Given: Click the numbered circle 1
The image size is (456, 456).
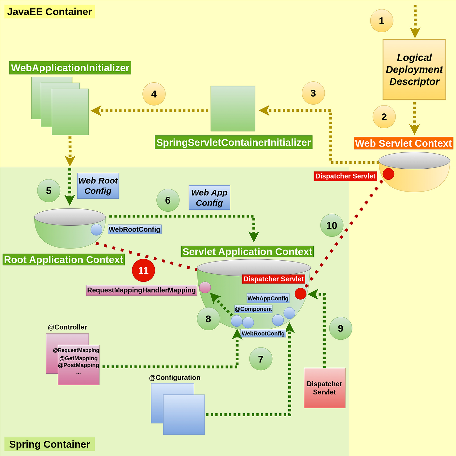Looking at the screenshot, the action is [381, 21].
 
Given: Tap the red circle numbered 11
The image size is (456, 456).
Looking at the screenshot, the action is [143, 270].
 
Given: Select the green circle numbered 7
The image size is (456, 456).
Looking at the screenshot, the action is [261, 359].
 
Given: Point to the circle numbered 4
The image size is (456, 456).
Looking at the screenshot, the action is [154, 94].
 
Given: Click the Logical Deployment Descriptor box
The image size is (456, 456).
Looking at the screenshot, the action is [414, 69].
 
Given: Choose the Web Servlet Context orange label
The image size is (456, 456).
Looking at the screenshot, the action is [403, 143].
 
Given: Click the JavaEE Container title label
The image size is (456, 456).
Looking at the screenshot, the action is [50, 12].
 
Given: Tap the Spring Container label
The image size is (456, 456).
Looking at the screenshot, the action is [50, 444].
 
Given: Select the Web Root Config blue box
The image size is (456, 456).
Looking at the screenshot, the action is [98, 186].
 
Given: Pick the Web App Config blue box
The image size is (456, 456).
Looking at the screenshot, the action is [209, 197].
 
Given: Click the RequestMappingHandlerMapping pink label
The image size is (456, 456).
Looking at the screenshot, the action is [141, 290].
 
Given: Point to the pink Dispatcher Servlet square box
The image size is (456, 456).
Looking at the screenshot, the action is [324, 388].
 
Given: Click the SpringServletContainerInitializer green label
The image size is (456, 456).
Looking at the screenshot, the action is [233, 142].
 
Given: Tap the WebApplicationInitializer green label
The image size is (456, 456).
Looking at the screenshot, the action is [70, 68].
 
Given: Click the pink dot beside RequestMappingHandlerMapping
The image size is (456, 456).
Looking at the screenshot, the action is [205, 287].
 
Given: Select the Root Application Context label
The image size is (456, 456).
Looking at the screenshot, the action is [64, 260].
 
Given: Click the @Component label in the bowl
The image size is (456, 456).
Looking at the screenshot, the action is [253, 309].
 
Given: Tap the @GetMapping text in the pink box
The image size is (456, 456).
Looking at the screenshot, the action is [78, 358].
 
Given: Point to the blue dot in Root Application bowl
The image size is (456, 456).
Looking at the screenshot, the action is [96, 230].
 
